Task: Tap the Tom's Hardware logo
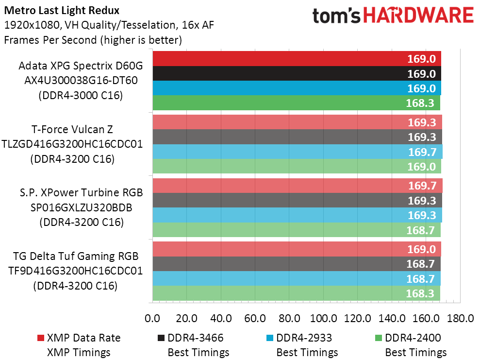point(393,16)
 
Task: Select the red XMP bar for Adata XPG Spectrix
point(296,59)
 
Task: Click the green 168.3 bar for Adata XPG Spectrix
point(296,103)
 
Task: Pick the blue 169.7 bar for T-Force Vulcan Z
point(297,152)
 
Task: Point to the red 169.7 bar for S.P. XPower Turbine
point(297,186)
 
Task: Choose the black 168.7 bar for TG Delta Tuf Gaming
point(296,263)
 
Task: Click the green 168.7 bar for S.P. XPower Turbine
point(296,229)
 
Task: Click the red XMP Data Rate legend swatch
point(40,338)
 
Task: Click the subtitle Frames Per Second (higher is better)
point(93,40)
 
